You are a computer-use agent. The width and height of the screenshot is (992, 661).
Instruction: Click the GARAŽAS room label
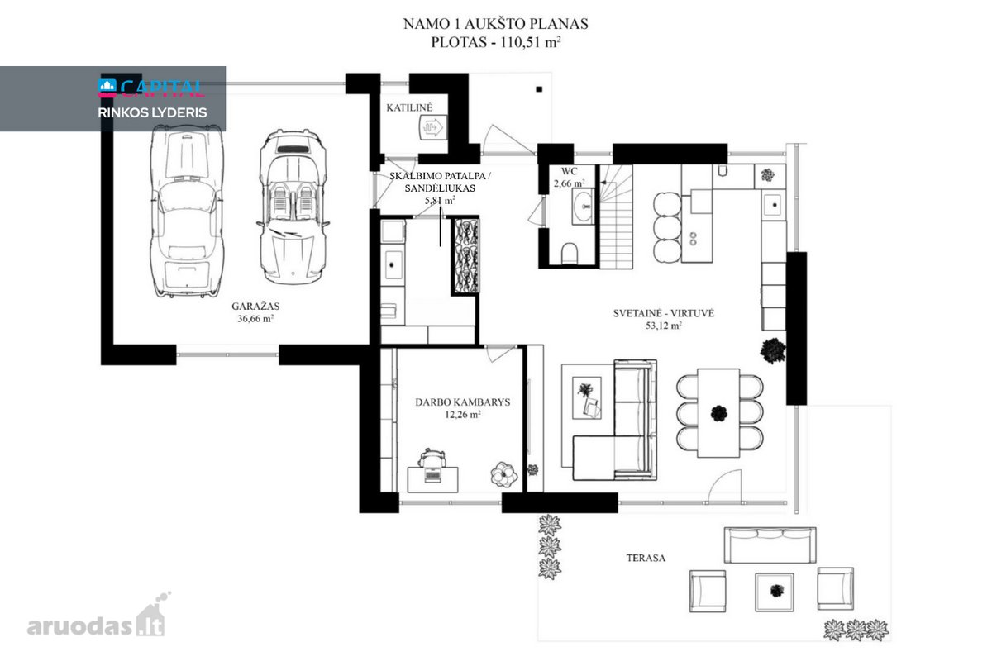[x=255, y=306]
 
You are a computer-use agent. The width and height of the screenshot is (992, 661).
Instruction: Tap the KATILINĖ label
[x=409, y=107]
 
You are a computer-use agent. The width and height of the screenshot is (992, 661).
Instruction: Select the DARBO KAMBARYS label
[x=462, y=402]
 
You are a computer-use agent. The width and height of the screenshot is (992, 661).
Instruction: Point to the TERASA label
[x=646, y=558]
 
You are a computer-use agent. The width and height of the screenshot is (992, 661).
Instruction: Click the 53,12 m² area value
[x=663, y=326]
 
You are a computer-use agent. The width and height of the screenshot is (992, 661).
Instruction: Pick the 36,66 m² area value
[x=255, y=318]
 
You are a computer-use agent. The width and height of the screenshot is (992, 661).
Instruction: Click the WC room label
[x=569, y=171]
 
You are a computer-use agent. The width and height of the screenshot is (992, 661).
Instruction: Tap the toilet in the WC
[x=570, y=253]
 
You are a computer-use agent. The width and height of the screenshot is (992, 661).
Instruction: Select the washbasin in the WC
[x=583, y=207]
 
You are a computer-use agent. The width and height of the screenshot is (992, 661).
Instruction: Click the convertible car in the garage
[x=293, y=207]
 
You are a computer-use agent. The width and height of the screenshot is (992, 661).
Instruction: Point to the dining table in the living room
[x=718, y=413]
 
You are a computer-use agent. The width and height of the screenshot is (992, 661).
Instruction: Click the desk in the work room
[x=432, y=479]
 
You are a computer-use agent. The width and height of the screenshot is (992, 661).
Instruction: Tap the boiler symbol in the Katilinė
[x=433, y=128]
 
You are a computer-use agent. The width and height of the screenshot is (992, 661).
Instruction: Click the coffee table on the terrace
[x=775, y=592]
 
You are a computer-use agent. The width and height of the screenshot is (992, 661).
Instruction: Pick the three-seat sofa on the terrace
[x=770, y=545]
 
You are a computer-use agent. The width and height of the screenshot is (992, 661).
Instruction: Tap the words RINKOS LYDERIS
[x=152, y=112]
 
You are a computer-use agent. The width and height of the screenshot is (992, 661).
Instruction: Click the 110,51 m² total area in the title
[x=531, y=42]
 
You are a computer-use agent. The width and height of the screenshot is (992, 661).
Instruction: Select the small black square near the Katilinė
[x=539, y=89]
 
